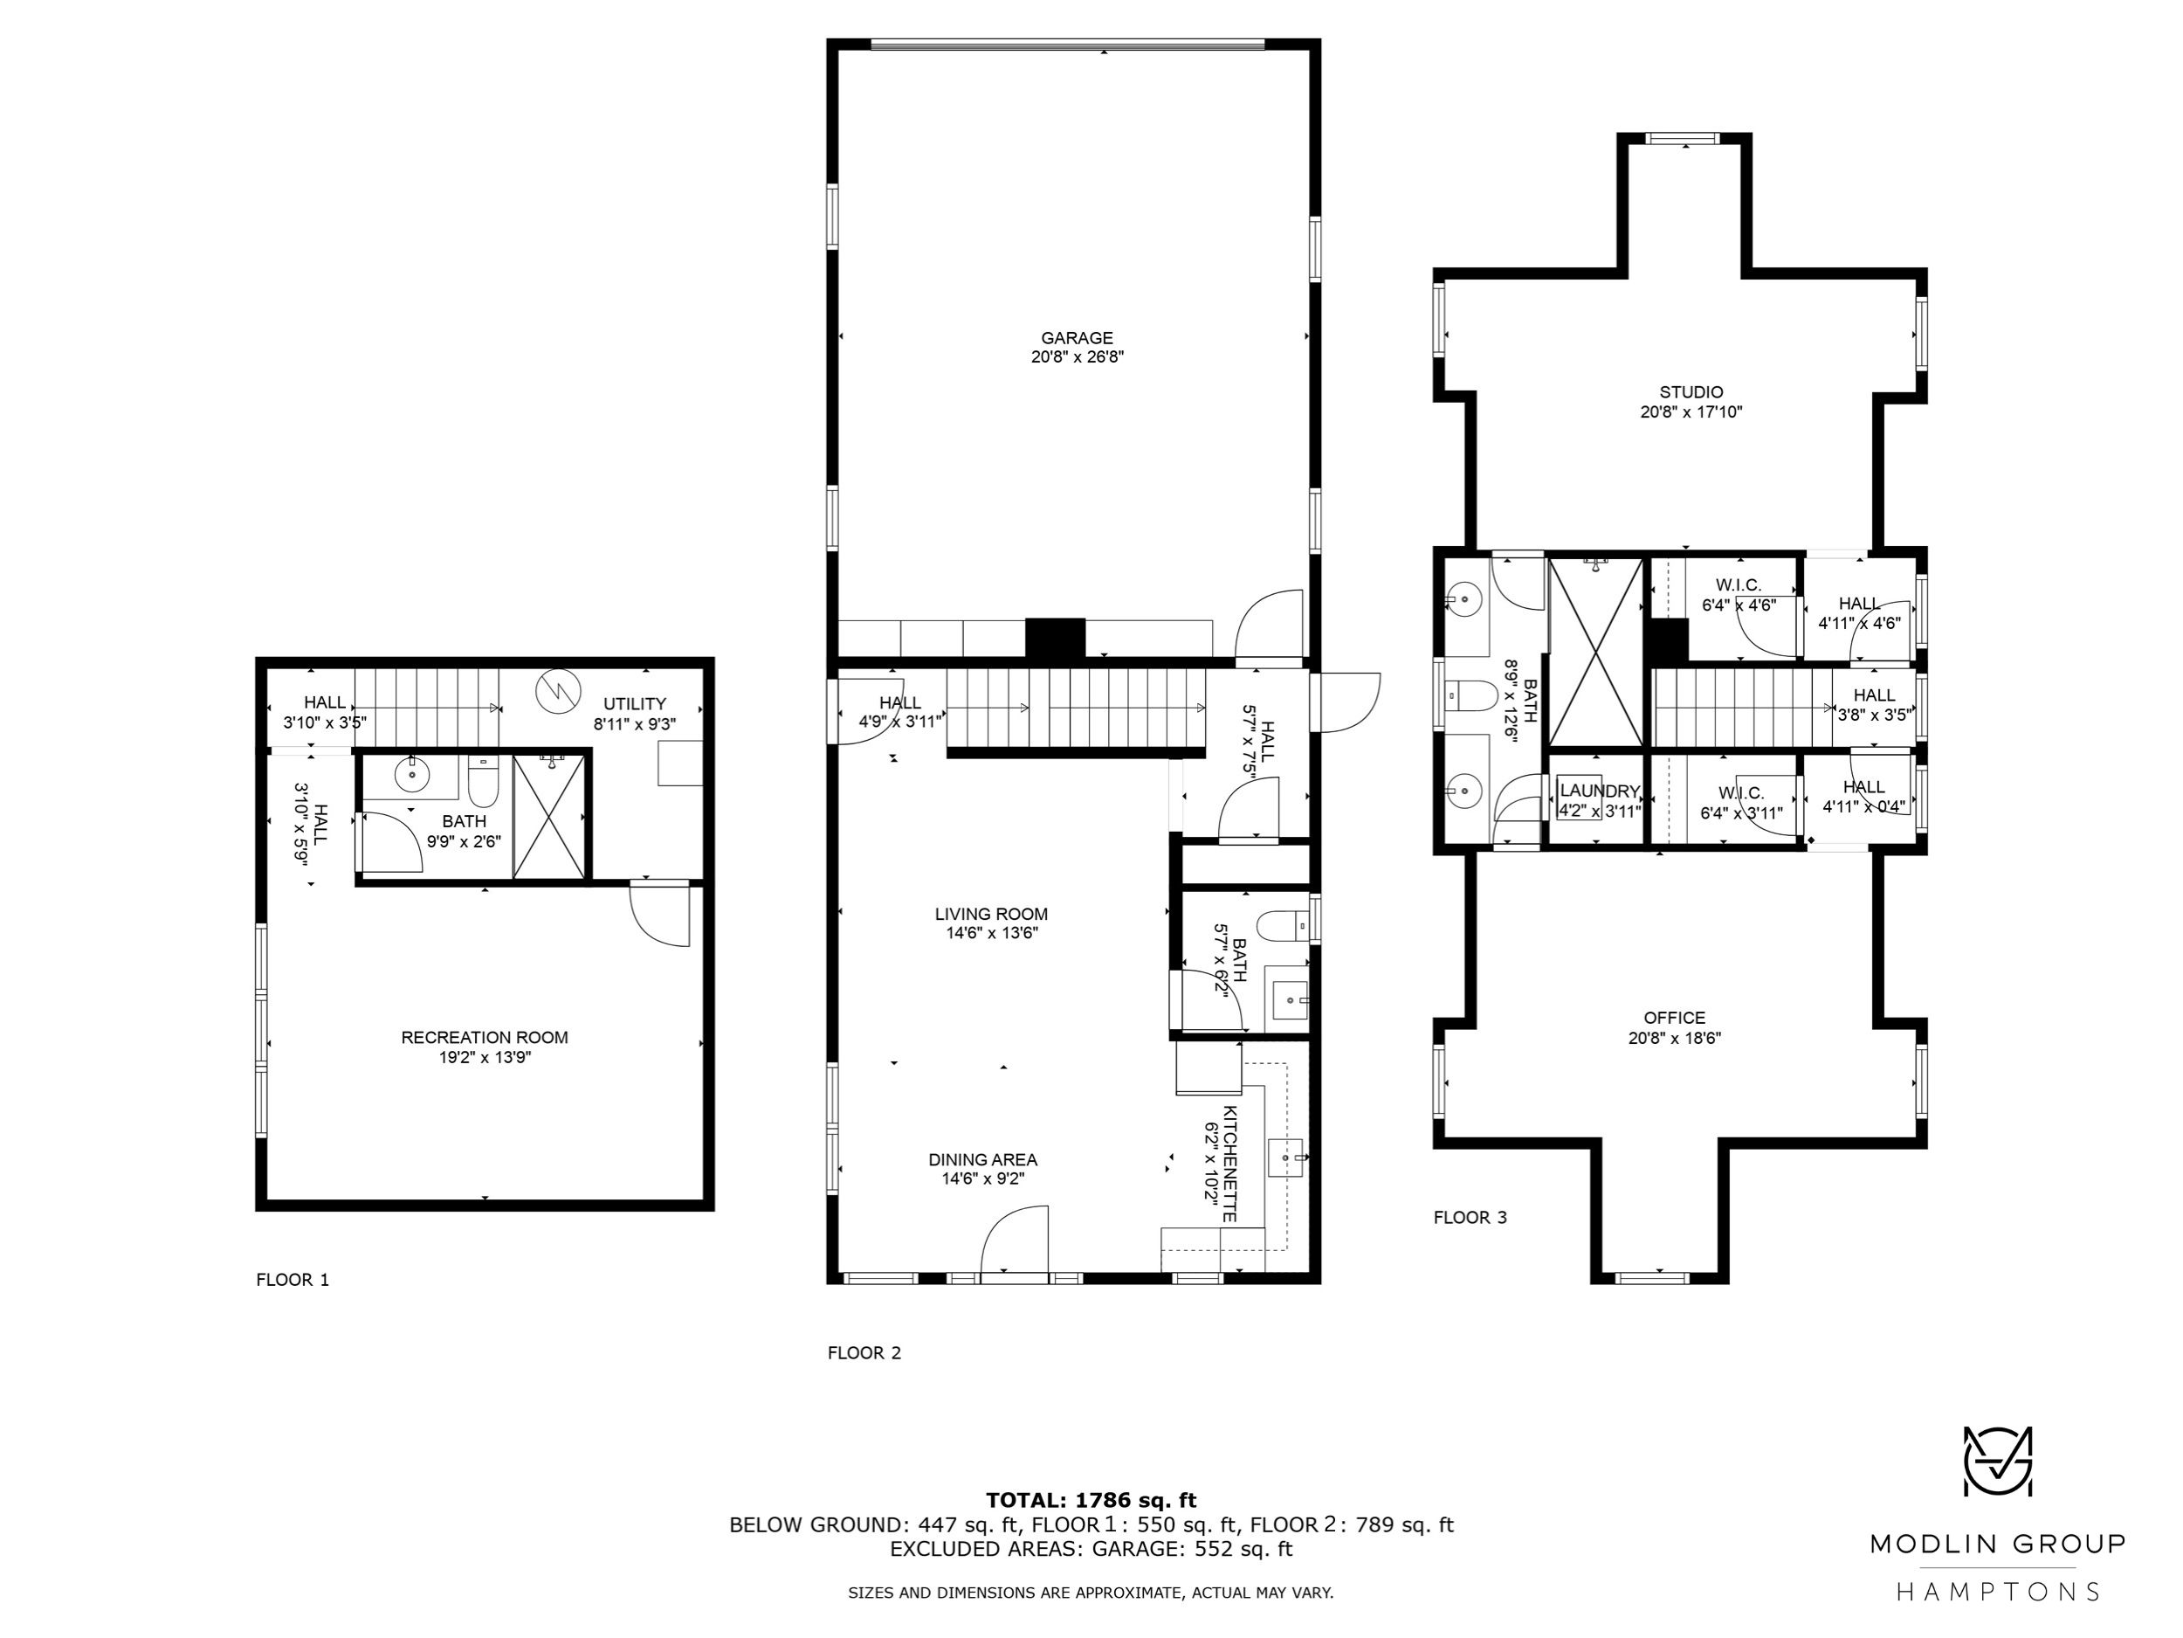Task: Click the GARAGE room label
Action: [1077, 338]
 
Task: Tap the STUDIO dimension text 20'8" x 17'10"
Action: [1691, 411]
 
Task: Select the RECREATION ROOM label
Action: [485, 1037]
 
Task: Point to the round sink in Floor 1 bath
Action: [411, 776]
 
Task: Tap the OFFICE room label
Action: [1675, 1017]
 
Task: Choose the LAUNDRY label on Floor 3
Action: [1600, 791]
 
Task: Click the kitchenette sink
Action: [1285, 1156]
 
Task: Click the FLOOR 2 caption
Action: [864, 1352]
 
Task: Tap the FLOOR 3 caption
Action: [1470, 1218]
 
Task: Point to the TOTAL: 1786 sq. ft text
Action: [1091, 1501]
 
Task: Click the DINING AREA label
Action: [983, 1159]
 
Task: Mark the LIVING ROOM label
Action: [992, 915]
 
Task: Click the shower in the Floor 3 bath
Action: [1596, 653]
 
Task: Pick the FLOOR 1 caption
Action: [293, 1280]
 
